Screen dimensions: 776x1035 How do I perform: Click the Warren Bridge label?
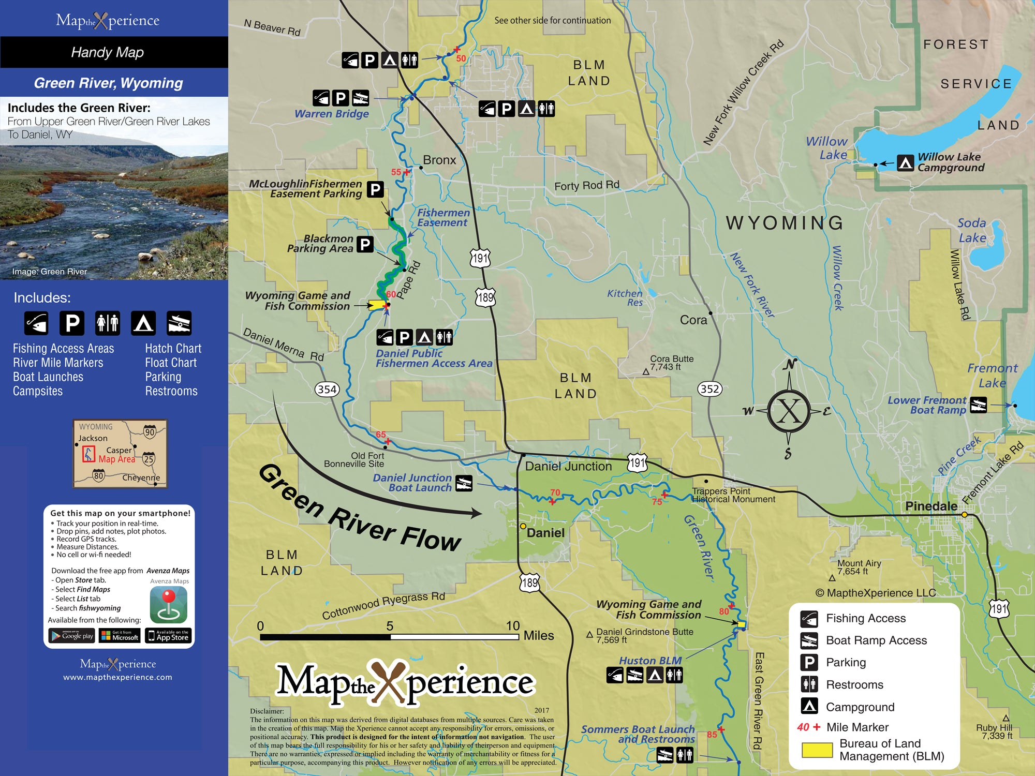tap(332, 114)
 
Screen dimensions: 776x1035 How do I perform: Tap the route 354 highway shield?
tap(327, 389)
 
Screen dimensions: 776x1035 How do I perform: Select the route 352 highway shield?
tap(709, 389)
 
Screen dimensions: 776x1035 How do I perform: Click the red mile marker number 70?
tap(555, 493)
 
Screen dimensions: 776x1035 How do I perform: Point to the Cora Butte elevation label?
tap(671, 363)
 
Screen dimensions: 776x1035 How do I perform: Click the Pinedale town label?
tap(930, 506)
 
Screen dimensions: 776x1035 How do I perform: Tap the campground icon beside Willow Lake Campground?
tap(905, 163)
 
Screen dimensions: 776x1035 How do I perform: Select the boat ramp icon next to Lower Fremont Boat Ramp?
tap(978, 405)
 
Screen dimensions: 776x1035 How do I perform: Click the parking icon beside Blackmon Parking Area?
tap(365, 244)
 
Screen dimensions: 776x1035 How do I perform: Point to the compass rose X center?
tap(789, 411)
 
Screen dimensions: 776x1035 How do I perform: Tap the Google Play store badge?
tap(71, 635)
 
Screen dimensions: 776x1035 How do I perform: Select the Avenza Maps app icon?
tap(168, 605)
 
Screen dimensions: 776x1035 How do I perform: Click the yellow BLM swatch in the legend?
tap(817, 750)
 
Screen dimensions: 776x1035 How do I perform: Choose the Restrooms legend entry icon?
tap(809, 684)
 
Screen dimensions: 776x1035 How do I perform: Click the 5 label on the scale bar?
tap(390, 625)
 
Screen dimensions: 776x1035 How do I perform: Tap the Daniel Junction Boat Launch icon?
tap(464, 483)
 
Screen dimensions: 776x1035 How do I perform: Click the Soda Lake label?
tap(972, 230)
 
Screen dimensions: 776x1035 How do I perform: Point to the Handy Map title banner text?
tap(108, 52)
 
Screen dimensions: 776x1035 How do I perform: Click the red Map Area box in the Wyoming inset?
tap(88, 454)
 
